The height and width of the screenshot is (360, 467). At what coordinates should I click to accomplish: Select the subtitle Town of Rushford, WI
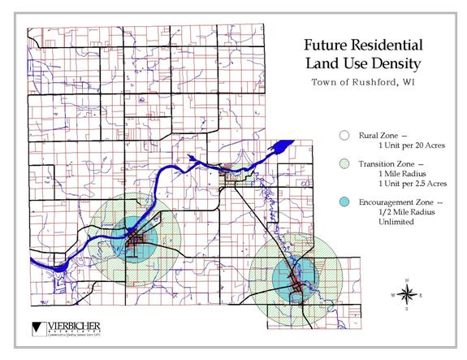(x=361, y=82)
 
